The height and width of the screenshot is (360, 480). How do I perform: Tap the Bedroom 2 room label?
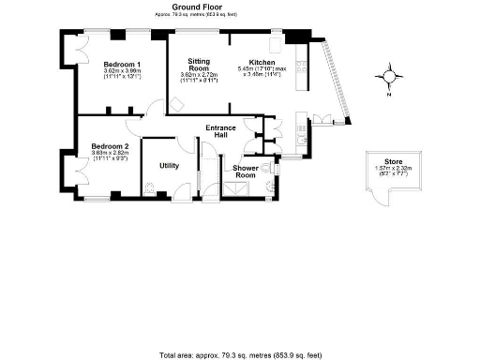point(111,147)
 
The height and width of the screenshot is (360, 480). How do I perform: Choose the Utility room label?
point(169,166)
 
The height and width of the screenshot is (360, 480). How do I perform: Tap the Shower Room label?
point(246,171)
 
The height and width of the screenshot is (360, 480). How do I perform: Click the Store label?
point(386,161)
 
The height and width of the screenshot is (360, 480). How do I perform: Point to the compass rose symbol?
point(392,75)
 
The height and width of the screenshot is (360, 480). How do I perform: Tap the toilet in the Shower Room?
point(270,167)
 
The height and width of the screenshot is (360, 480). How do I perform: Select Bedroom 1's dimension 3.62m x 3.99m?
point(121,72)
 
